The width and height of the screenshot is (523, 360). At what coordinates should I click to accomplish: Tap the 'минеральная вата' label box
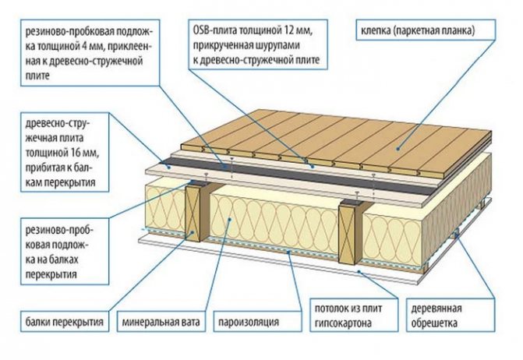(161, 322)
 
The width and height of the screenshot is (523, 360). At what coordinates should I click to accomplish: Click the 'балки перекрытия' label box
(65, 322)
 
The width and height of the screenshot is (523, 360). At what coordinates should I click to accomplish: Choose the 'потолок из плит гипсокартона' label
(354, 315)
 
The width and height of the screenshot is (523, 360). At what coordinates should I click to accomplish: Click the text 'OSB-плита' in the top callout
(214, 30)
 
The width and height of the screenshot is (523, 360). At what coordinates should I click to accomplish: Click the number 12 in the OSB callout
(290, 30)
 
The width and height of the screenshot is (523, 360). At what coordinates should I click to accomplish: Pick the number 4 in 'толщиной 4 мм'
(84, 46)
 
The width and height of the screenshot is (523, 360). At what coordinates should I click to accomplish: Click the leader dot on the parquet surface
(398, 149)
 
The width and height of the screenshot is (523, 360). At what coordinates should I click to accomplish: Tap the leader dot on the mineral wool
(230, 219)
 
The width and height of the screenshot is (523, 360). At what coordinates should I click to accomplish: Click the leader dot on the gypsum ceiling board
(359, 271)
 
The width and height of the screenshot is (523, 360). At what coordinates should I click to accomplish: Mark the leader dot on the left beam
(193, 232)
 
